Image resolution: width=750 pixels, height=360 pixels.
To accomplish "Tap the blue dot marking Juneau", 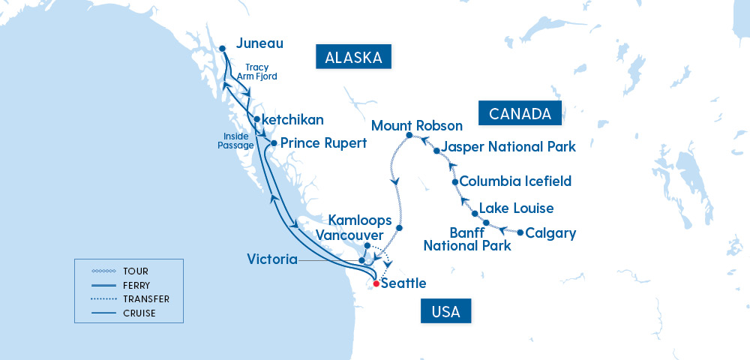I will [x=223, y=49].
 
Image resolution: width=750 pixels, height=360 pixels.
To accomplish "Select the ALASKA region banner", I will [x=355, y=58].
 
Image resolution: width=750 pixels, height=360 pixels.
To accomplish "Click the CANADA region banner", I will [x=520, y=113].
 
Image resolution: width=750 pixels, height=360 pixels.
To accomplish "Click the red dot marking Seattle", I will [x=376, y=283].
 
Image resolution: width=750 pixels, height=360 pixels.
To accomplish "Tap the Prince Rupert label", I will [x=323, y=142].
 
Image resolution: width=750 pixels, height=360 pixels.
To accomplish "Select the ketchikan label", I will [x=293, y=119].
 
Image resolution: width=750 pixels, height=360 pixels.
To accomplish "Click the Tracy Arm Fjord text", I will [x=257, y=71].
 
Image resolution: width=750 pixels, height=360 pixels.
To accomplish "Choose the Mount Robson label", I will [x=417, y=124].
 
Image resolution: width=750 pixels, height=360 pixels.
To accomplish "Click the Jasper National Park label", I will [x=508, y=146].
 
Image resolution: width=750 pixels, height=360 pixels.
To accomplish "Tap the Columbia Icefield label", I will [x=515, y=181].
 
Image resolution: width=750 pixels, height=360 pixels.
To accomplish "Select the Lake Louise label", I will [x=516, y=208].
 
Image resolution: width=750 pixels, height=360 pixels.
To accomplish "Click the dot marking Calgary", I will [x=520, y=232].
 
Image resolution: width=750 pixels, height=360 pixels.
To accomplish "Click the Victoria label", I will [x=271, y=259].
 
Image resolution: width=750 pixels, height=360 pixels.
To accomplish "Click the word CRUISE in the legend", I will [x=140, y=313].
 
